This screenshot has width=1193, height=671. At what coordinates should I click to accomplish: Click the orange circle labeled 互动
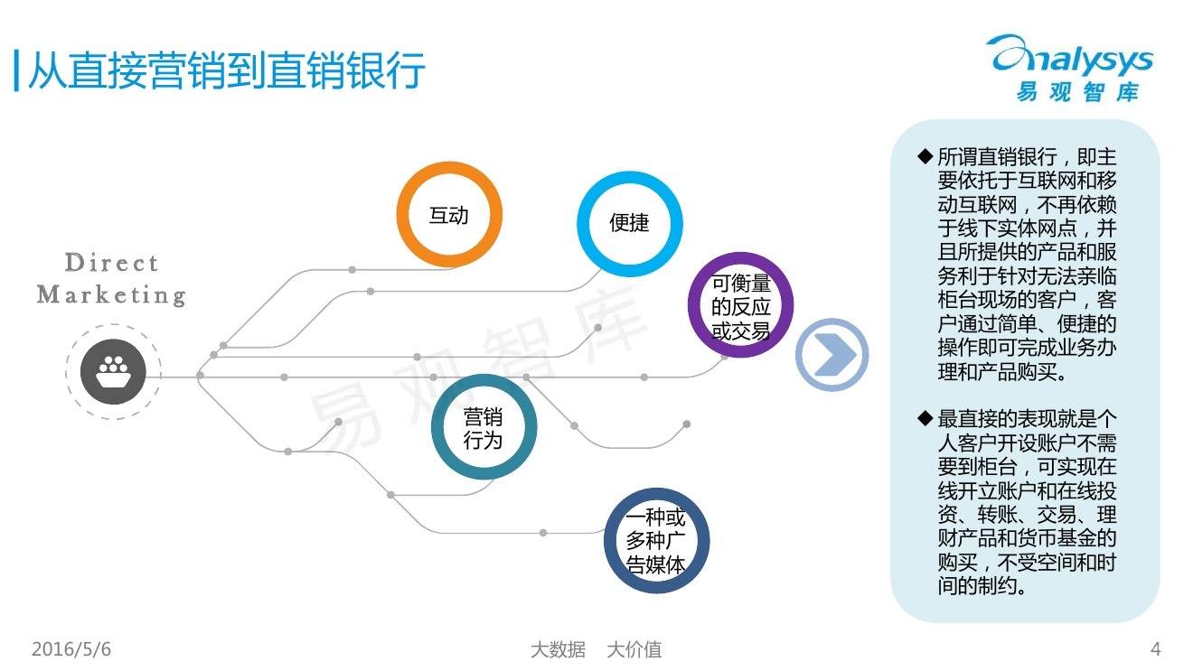tap(449, 216)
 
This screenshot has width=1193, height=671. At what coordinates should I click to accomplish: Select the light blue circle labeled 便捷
tap(630, 222)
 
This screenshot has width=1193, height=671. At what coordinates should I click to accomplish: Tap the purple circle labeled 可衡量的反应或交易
tap(741, 306)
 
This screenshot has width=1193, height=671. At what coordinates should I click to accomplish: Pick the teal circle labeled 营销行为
tap(484, 428)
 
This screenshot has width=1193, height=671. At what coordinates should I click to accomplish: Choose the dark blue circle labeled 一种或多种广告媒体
tap(657, 542)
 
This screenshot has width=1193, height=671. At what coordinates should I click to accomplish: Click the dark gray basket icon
tap(113, 371)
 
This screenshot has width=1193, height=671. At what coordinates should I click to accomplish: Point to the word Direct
tap(112, 263)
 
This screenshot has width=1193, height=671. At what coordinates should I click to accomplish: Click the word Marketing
tap(111, 294)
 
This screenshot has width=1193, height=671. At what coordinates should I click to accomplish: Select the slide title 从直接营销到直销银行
tap(226, 70)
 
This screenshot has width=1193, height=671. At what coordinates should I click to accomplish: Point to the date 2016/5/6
tap(71, 649)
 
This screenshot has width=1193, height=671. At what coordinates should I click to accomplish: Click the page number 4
tap(1155, 649)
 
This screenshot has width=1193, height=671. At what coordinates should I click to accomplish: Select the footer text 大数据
tap(557, 649)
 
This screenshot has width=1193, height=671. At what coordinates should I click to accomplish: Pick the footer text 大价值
tap(634, 649)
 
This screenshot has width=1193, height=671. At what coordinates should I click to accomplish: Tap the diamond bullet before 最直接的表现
tap(924, 418)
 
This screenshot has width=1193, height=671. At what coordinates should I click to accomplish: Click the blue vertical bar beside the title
tap(16, 70)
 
